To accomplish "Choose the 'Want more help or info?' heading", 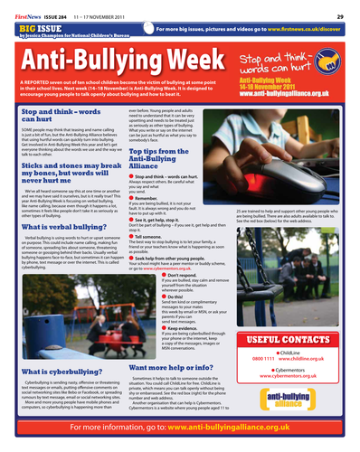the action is pos(171,368).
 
